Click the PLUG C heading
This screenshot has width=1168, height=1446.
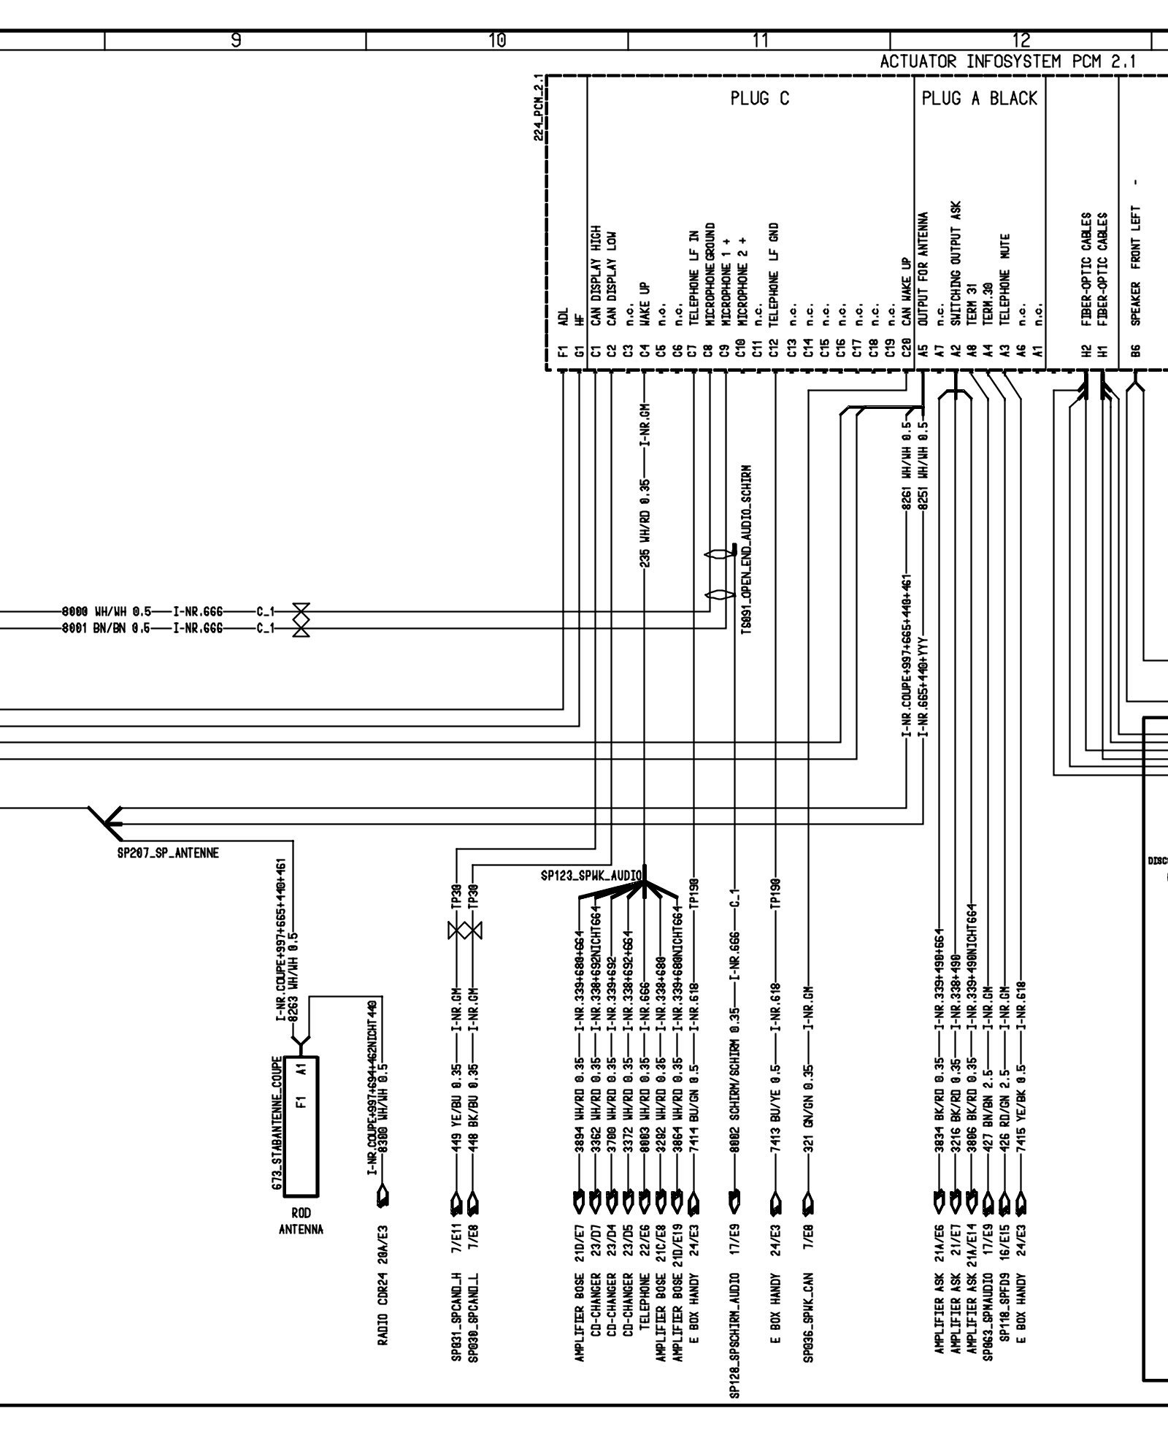[x=759, y=99]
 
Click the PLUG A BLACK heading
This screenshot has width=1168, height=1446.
[x=979, y=99]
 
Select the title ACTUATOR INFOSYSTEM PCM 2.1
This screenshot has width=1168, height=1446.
[x=1008, y=62]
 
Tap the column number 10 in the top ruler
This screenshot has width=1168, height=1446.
[x=497, y=41]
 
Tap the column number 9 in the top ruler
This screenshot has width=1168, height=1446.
[x=235, y=41]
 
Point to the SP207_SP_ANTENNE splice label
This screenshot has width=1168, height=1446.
[x=168, y=853]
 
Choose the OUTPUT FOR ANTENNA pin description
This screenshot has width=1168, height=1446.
[x=923, y=268]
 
